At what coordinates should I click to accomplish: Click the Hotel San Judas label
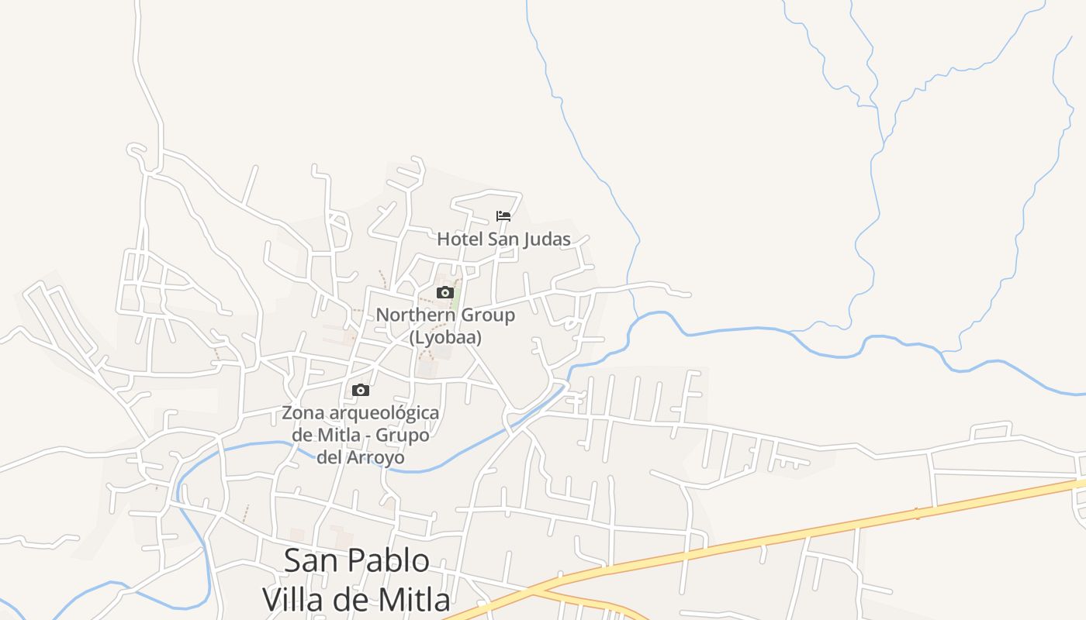coord(503,239)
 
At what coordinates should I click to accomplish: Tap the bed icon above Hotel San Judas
coord(503,216)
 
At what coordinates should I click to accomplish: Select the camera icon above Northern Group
coord(444,292)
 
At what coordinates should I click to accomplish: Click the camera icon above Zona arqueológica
coord(360,390)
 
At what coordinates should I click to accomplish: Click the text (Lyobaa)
coord(445,338)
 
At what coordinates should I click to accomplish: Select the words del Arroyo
coord(360,457)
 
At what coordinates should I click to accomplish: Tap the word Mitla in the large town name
coord(410,599)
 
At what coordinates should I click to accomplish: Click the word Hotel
coord(459,239)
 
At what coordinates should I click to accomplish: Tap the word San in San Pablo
coord(311,560)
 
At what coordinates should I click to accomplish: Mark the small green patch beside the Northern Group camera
coord(456,298)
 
